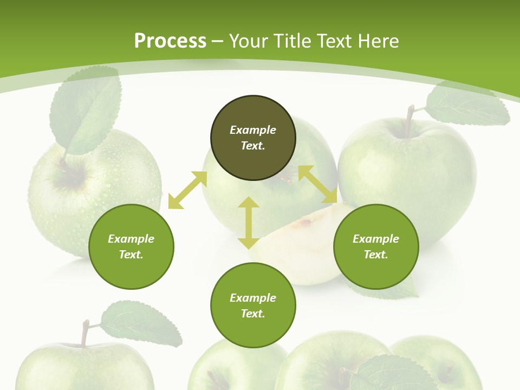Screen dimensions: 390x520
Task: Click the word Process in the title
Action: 170,41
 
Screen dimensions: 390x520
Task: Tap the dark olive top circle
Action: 253,138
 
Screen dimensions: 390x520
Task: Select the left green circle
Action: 131,247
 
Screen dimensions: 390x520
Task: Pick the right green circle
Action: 376,247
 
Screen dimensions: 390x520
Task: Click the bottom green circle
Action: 253,305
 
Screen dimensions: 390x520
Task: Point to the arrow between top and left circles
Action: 187,190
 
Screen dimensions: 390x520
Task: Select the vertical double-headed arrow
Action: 249,223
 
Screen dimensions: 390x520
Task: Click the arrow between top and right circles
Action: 318,185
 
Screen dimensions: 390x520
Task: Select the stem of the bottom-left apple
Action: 84,332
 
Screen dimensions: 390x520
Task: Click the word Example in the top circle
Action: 253,130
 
